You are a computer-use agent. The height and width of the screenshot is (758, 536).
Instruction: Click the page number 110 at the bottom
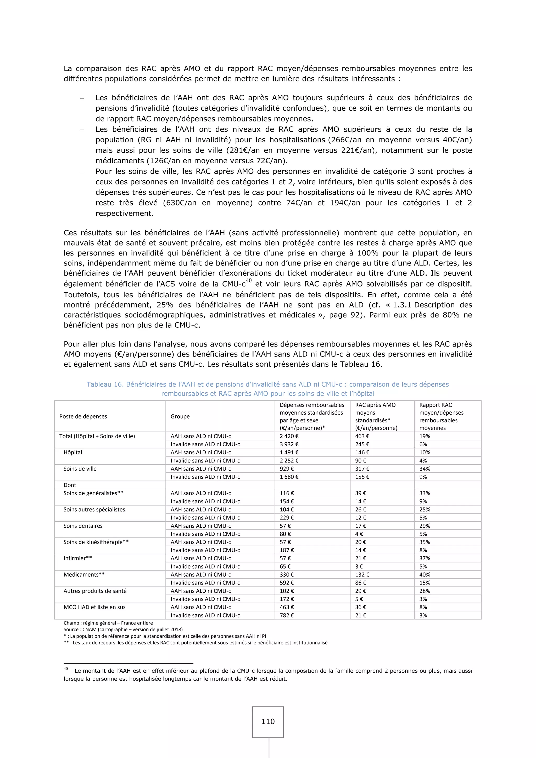click(268, 721)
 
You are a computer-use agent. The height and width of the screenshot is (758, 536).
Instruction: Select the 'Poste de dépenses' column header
click(83, 416)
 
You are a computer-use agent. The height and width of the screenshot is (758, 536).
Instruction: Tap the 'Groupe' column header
click(180, 416)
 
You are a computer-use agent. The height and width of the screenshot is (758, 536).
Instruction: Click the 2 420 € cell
click(289, 436)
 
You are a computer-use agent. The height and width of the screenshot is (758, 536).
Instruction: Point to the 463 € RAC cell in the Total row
click(362, 436)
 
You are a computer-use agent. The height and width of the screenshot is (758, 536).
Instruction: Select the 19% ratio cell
click(425, 436)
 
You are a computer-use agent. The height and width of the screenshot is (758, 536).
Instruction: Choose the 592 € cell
click(287, 583)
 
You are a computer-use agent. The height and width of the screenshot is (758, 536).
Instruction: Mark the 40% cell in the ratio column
click(425, 575)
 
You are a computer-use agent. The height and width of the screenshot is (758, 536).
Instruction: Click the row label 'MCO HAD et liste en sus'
click(94, 607)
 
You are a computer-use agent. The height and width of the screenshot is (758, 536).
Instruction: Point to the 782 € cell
click(287, 615)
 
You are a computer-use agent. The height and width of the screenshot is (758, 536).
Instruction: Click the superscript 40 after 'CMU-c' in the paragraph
click(249, 281)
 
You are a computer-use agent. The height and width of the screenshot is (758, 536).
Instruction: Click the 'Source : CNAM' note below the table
click(123, 629)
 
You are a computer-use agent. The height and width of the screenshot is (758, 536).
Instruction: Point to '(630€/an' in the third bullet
click(180, 203)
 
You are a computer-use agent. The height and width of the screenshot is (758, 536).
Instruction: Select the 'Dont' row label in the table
click(70, 485)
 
